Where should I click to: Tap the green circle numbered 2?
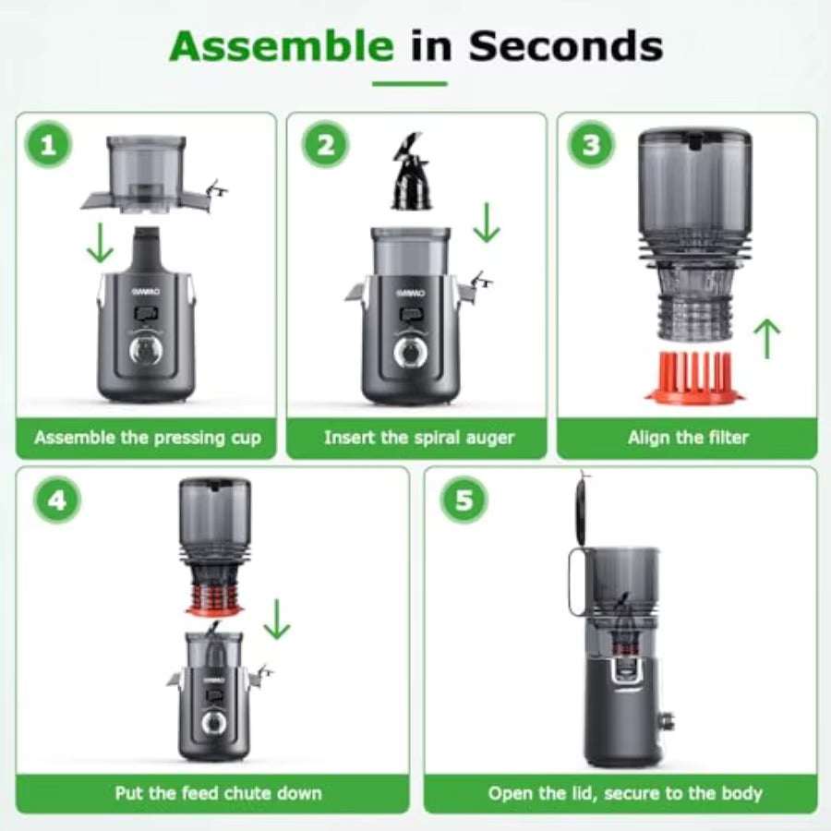325,145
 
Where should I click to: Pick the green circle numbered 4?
56,500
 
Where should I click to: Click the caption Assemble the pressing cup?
148,438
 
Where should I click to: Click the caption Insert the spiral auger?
418,438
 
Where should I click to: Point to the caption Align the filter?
688,438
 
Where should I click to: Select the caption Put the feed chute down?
212,793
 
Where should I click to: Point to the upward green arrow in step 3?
765,339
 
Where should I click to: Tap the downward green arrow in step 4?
276,619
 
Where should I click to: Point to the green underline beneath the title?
409,84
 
